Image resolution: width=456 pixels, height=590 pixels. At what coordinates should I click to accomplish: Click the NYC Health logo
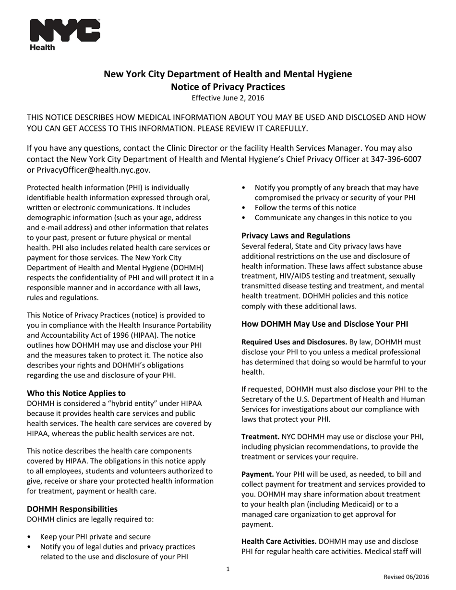tap(65, 34)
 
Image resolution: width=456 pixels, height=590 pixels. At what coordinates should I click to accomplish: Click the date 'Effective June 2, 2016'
tap(228, 98)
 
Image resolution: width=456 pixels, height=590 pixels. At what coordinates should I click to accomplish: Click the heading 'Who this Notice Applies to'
tap(76, 393)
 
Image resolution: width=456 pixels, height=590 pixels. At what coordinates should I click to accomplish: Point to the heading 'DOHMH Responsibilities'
tap(72, 509)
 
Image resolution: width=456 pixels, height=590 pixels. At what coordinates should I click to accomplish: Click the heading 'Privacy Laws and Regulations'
tap(296, 236)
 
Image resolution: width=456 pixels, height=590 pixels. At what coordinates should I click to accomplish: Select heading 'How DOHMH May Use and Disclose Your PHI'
tap(324, 324)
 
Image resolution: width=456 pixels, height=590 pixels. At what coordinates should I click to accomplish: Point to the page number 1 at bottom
tap(228, 569)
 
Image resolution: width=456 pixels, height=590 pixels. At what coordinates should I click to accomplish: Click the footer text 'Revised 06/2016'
tap(406, 577)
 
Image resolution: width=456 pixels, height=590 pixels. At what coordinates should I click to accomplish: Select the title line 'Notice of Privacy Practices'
tap(228, 87)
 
